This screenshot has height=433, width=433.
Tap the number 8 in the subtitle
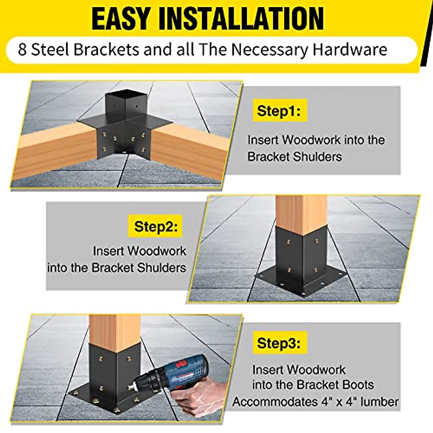[22, 49]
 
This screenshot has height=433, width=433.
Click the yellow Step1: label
[278, 110]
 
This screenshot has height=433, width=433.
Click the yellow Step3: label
[278, 343]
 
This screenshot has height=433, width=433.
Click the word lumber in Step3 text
[379, 401]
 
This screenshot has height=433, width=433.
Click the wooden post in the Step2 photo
[301, 213]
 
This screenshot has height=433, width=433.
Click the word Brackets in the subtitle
[106, 49]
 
